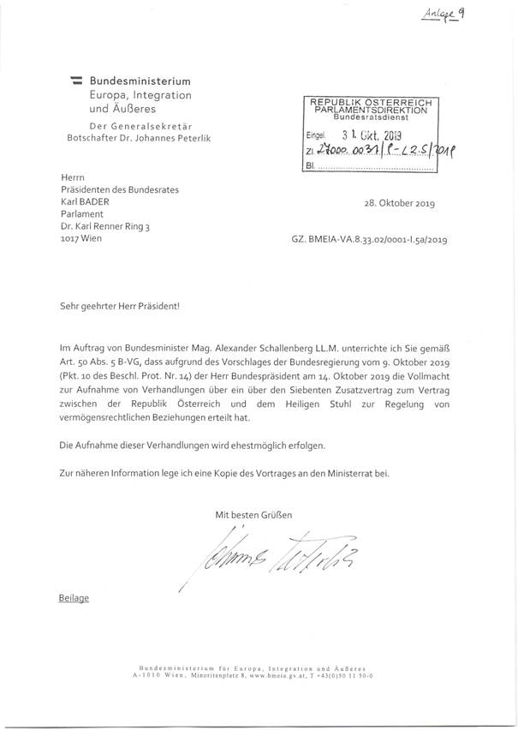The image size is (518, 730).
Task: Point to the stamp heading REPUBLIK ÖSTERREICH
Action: [372, 102]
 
